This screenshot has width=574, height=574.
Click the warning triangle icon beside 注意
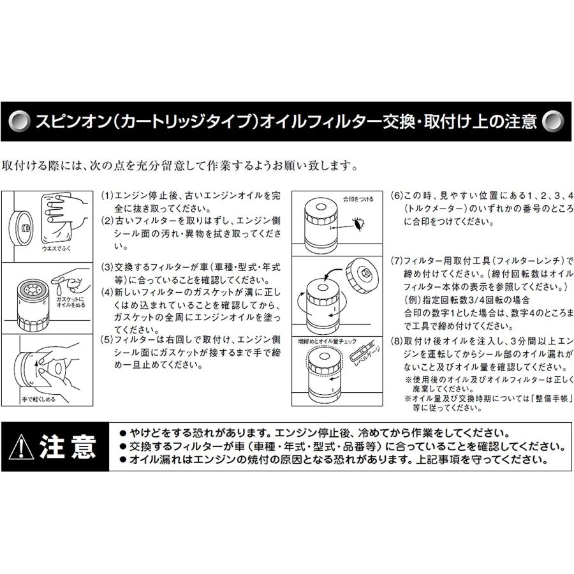click(22, 446)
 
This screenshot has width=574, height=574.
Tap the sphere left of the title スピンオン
click(20, 121)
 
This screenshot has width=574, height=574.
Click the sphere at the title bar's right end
click(552, 121)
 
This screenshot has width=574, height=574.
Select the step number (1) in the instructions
click(107, 196)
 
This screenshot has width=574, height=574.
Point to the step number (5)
click(107, 339)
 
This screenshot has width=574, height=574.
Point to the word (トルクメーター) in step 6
click(434, 209)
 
